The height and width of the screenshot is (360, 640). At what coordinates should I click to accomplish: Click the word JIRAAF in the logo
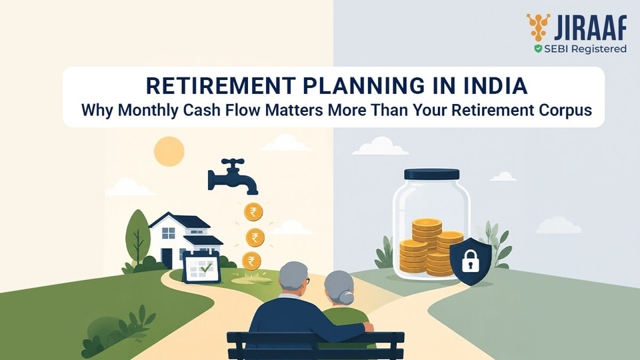(x=590, y=28)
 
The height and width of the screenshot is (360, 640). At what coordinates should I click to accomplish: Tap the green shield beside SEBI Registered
(x=539, y=49)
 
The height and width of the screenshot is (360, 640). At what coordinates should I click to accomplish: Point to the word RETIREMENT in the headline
(x=221, y=86)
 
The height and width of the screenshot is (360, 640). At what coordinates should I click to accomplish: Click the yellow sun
(x=169, y=151)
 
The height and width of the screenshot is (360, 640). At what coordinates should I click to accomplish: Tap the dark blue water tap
(x=233, y=176)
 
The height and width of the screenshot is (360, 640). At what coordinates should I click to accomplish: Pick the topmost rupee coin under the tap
(x=253, y=212)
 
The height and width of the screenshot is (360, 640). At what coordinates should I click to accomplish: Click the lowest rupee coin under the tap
(x=251, y=261)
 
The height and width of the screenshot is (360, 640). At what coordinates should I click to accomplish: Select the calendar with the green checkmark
(x=201, y=267)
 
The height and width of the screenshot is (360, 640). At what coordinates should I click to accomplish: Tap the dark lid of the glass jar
(x=431, y=174)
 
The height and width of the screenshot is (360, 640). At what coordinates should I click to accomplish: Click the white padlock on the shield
(x=470, y=261)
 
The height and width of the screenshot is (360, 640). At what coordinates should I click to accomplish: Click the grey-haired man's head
(x=294, y=279)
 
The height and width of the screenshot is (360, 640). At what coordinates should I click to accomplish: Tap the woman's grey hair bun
(x=346, y=298)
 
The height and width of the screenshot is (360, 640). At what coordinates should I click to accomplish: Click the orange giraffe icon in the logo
(x=538, y=27)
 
